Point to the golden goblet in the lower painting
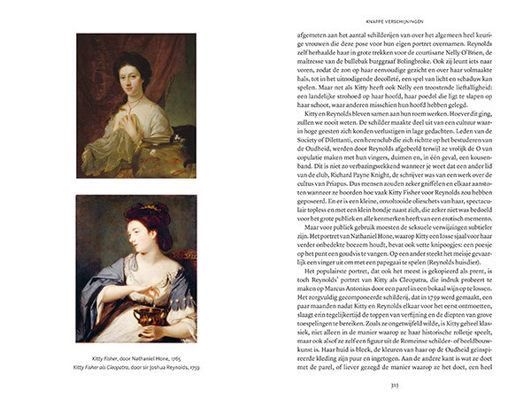point(133,314)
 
